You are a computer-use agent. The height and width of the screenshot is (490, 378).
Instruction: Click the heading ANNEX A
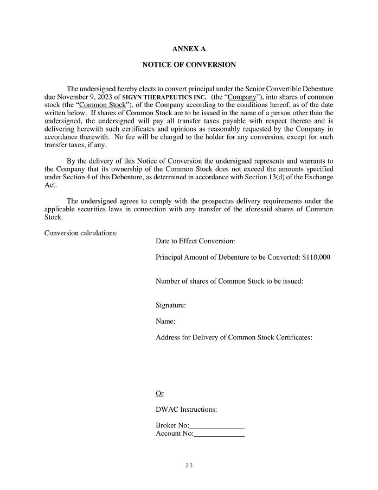189,49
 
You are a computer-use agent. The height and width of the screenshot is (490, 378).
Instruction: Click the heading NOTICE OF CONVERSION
189,65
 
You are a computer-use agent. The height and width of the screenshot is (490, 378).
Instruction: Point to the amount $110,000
316,257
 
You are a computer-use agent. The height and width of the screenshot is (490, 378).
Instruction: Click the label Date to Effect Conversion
195,241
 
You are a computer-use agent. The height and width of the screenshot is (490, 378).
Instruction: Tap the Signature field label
171,305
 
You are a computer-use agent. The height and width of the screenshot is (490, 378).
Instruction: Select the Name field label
165,321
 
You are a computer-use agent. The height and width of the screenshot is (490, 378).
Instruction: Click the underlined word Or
159,393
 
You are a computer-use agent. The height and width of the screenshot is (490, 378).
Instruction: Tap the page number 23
189,466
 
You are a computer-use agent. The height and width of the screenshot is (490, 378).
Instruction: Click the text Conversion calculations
81,233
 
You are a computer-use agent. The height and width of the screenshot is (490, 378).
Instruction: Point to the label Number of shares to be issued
229,281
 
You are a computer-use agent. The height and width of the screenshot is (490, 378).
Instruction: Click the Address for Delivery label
234,337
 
